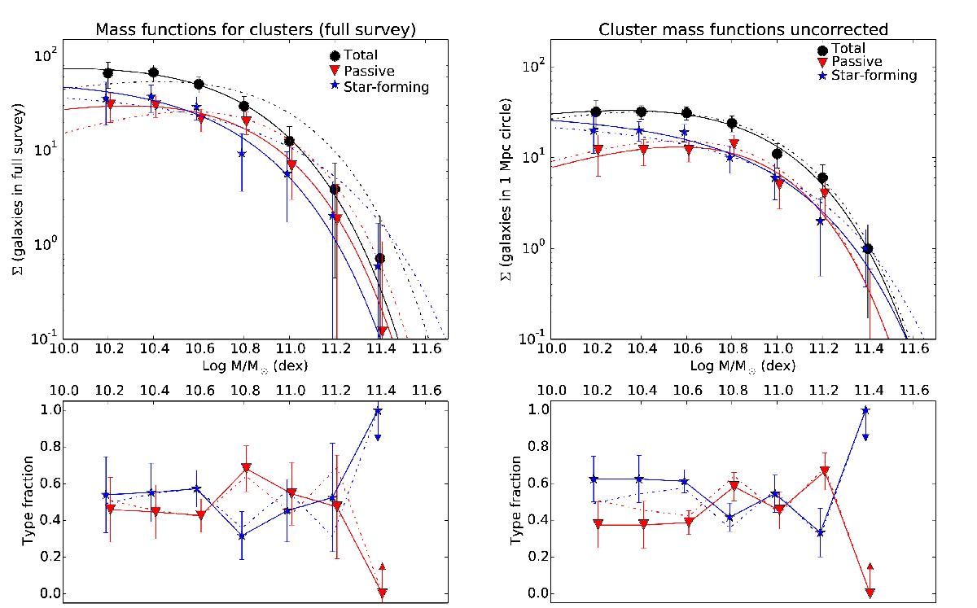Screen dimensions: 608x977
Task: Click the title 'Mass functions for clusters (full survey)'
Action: (x=254, y=30)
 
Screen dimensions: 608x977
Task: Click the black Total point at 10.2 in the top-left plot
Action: (x=107, y=73)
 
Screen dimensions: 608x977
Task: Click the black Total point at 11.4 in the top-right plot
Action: (x=868, y=249)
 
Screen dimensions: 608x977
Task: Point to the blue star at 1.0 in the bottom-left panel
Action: (x=379, y=410)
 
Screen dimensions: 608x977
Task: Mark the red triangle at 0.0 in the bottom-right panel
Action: (x=870, y=593)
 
